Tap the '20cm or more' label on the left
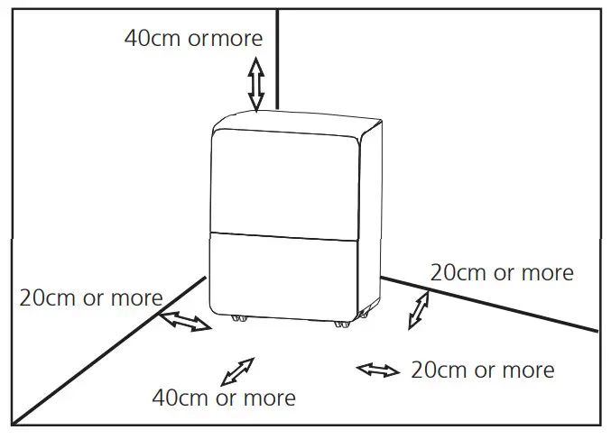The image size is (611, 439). [x=91, y=297]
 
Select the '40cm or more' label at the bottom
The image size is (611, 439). [x=223, y=397]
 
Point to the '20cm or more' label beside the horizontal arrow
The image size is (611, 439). [x=482, y=370]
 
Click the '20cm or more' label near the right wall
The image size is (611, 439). [x=501, y=271]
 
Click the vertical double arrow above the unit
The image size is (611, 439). [x=256, y=84]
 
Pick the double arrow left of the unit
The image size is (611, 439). [x=185, y=320]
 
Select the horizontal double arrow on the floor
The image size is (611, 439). [x=378, y=370]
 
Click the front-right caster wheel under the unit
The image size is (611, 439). [x=340, y=324]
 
